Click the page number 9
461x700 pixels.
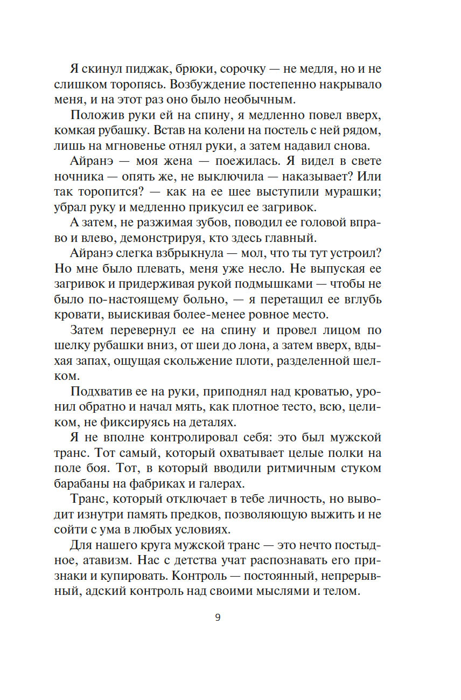(218, 618)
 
